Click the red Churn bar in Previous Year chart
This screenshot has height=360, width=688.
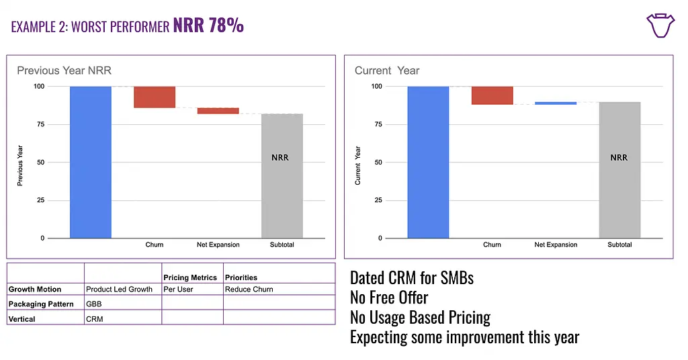tap(155, 97)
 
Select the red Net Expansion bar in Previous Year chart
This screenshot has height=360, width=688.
tap(218, 111)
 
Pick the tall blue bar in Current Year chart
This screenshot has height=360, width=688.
tap(428, 162)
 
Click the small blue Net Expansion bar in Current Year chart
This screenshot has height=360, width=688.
tap(556, 103)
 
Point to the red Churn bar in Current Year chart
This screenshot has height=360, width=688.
tap(492, 95)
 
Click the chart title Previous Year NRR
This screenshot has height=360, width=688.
tap(64, 71)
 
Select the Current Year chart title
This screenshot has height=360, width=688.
tap(387, 71)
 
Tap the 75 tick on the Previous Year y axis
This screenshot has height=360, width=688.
tap(40, 124)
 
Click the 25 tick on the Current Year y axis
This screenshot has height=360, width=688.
tap(378, 200)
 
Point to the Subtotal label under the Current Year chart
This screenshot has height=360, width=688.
tap(619, 244)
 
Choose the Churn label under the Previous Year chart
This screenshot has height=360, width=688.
tap(155, 244)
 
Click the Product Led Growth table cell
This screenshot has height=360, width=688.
tap(120, 289)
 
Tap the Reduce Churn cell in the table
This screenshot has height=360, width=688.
tap(249, 289)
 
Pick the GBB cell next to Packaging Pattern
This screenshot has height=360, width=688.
tap(94, 304)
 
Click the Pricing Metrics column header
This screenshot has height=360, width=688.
tap(190, 277)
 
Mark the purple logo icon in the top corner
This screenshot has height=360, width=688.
tap(660, 25)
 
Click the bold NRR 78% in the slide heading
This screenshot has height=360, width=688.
tap(208, 27)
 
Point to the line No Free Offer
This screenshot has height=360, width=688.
tap(389, 297)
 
